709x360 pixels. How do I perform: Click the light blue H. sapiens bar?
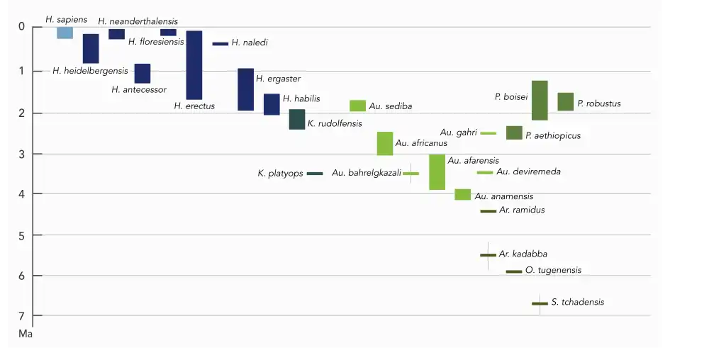pyautogui.click(x=65, y=33)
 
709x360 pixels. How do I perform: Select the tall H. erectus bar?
pyautogui.click(x=194, y=65)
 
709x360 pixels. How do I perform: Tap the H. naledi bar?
pyautogui.click(x=220, y=44)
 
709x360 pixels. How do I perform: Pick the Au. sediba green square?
pyautogui.click(x=357, y=106)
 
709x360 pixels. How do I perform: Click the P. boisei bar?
pyautogui.click(x=540, y=101)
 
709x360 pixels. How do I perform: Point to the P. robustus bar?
pyautogui.click(x=566, y=102)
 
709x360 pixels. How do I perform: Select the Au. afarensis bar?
pyautogui.click(x=437, y=171)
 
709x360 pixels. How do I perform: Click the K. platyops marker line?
pyautogui.click(x=315, y=174)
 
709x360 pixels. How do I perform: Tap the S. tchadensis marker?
pyautogui.click(x=540, y=303)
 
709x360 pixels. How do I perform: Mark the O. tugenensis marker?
pyautogui.click(x=514, y=271)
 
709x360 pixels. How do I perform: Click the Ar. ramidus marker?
pyautogui.click(x=488, y=211)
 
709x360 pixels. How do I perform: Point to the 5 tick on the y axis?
pyautogui.click(x=21, y=235)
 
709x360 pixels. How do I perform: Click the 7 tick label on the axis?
pyautogui.click(x=21, y=316)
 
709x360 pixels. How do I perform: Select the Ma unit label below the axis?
pyautogui.click(x=25, y=332)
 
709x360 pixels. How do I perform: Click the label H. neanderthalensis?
pyautogui.click(x=138, y=22)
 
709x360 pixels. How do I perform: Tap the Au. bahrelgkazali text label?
pyautogui.click(x=366, y=173)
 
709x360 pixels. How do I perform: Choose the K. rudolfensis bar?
pyautogui.click(x=297, y=119)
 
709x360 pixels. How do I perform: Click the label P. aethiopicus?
pyautogui.click(x=553, y=135)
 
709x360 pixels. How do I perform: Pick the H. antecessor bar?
pyautogui.click(x=143, y=74)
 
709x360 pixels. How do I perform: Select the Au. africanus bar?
pyautogui.click(x=385, y=143)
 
